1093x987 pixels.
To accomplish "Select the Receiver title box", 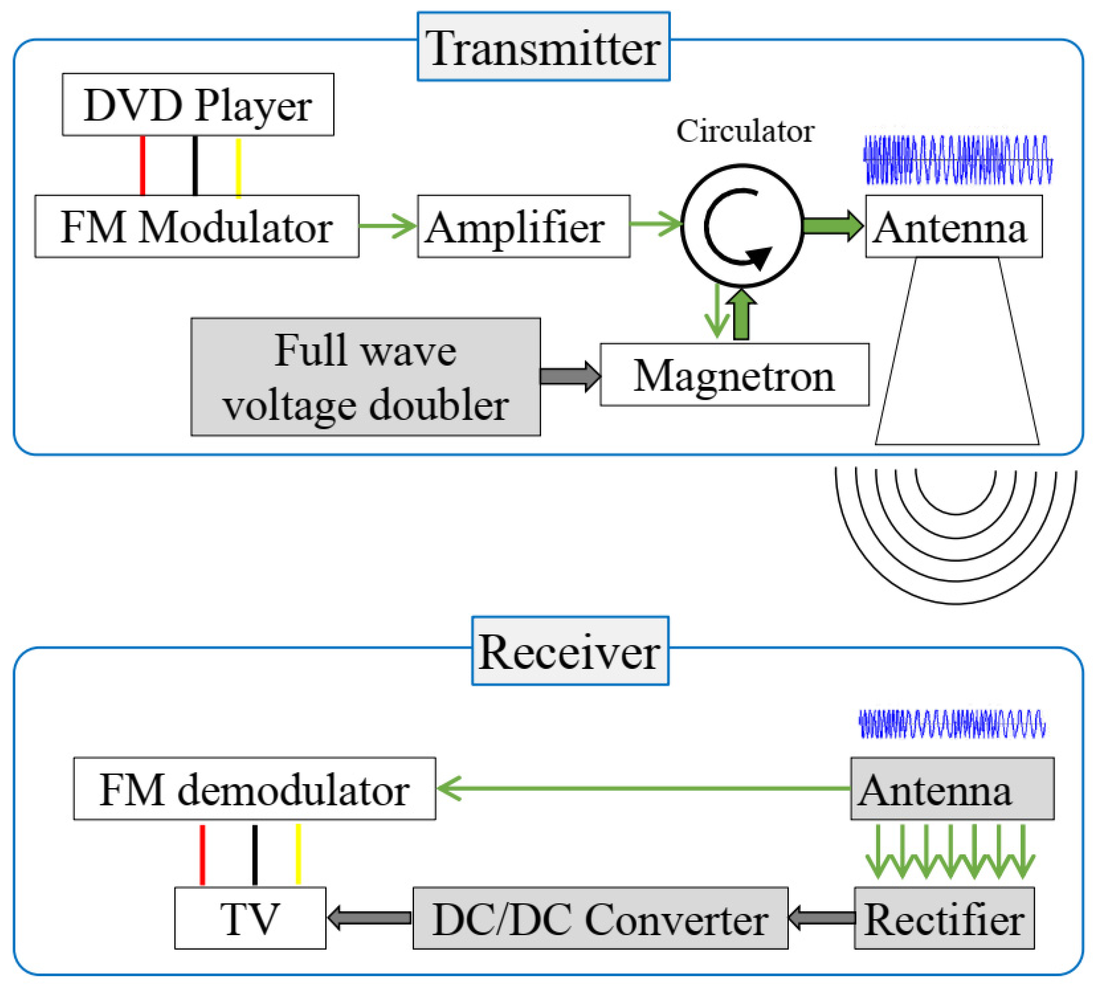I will [570, 651].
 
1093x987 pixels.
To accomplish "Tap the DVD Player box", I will [198, 105].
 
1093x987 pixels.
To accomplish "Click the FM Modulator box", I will [197, 226].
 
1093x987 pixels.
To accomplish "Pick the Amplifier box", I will [523, 226].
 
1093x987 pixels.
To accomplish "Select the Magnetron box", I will [734, 375].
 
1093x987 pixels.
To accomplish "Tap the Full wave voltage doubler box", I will [366, 377].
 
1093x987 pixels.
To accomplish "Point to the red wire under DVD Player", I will [142, 165].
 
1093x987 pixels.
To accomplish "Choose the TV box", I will [250, 918].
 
